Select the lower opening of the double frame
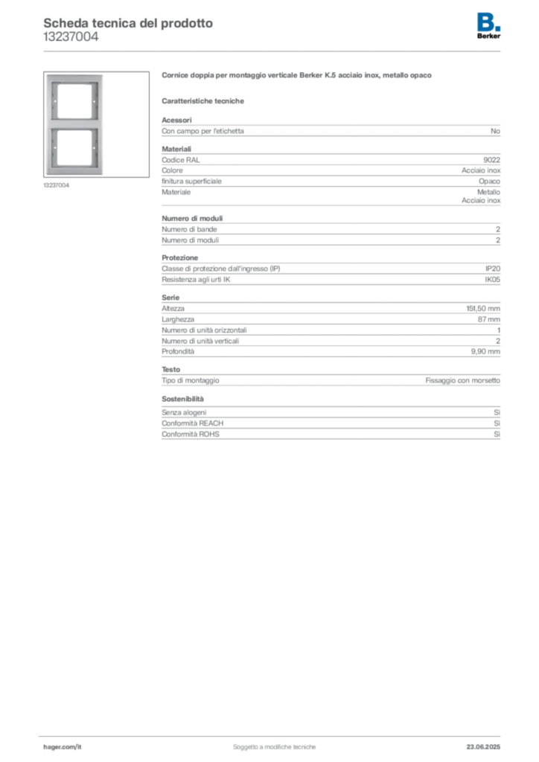(76, 149)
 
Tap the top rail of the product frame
(76, 78)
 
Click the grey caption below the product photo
(57, 185)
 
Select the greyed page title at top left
(127, 23)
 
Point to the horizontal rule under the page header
(274, 51)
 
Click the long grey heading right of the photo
(297, 76)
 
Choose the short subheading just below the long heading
(205, 100)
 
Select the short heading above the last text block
(184, 400)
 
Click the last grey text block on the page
(330, 425)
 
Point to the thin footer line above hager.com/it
(274, 734)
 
